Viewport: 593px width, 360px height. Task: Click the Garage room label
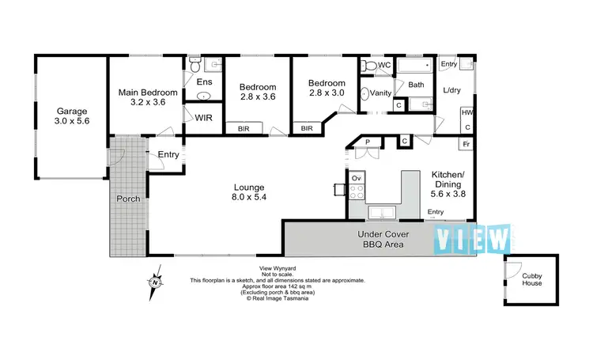(x=70, y=116)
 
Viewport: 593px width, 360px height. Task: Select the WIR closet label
(x=203, y=117)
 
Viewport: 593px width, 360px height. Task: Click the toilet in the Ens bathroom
(x=195, y=67)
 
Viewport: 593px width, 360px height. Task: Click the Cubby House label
(x=531, y=279)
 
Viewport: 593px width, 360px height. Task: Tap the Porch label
(x=128, y=199)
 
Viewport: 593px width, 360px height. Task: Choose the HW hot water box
(x=466, y=114)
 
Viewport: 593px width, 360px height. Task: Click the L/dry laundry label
(x=452, y=90)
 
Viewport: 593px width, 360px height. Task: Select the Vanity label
(x=381, y=93)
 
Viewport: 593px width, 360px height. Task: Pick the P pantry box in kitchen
(x=368, y=142)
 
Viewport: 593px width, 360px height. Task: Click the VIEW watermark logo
(x=474, y=237)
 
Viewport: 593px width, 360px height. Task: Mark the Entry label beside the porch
(x=168, y=154)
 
